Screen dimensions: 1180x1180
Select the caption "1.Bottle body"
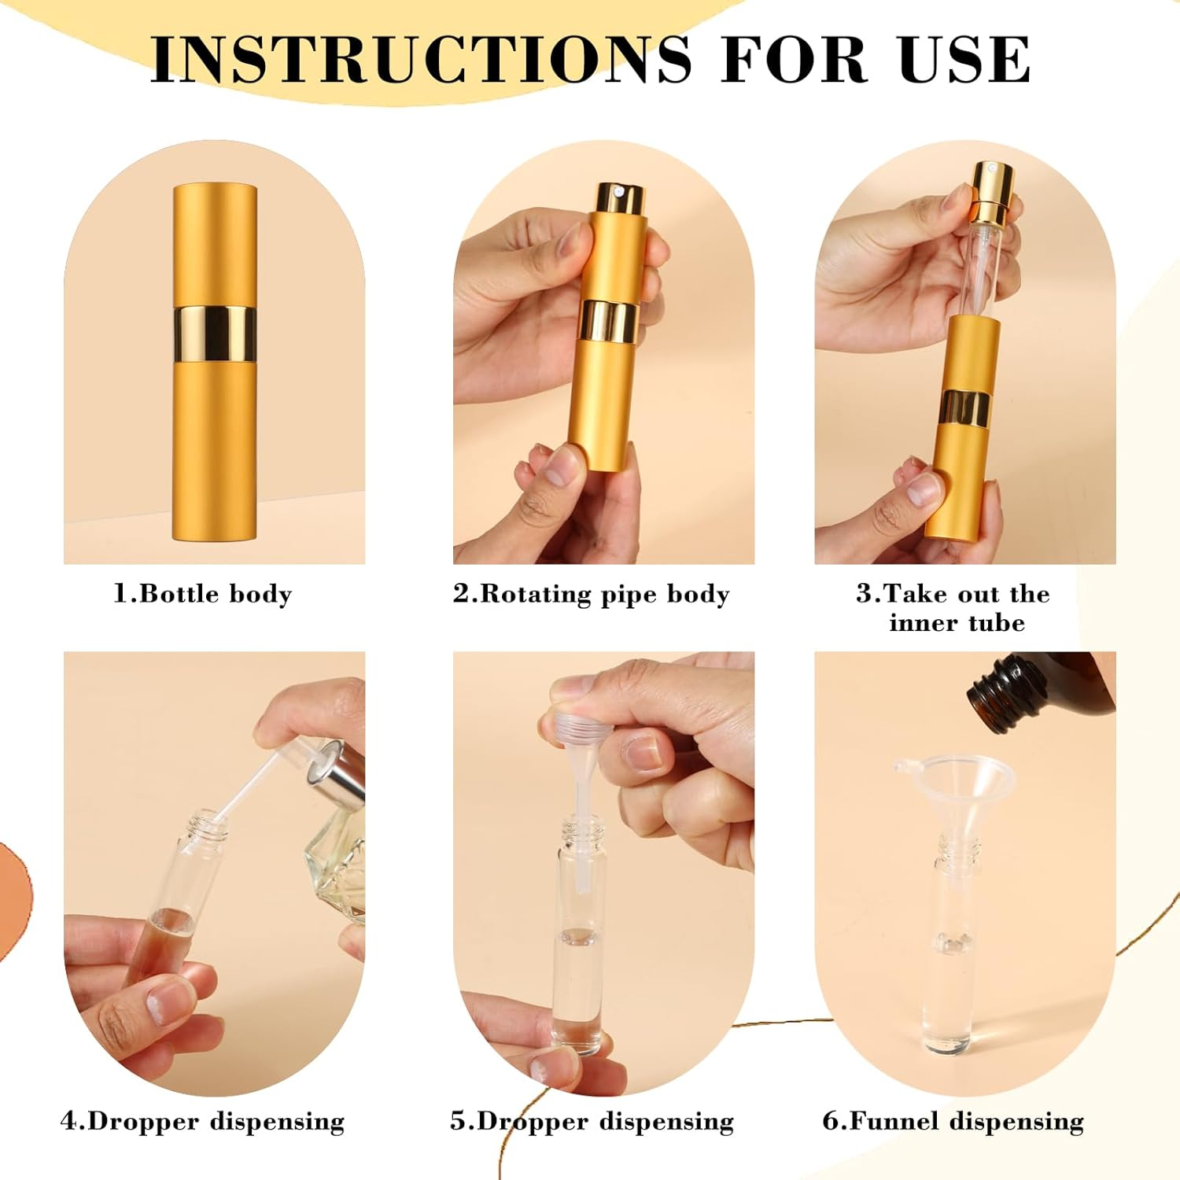click(202, 593)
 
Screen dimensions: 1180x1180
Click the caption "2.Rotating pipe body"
click(591, 593)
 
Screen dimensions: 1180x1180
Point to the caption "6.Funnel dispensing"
click(953, 1120)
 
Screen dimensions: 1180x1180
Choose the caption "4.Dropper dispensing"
click(202, 1120)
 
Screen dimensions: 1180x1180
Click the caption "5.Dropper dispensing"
click(591, 1120)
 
